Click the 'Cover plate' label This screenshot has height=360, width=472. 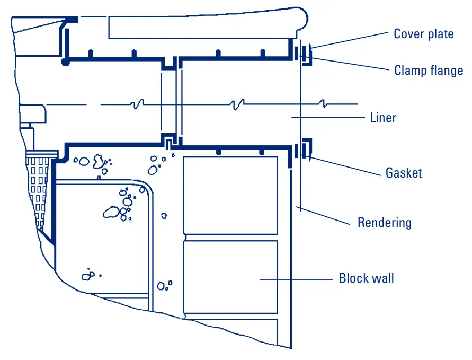[423, 34]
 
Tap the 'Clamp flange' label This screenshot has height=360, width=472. [428, 71]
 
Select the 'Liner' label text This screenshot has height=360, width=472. [383, 117]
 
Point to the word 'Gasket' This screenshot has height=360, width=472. [404, 173]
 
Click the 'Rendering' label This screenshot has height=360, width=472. [384, 222]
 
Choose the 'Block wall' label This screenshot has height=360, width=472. [366, 278]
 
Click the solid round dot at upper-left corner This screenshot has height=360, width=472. [65, 63]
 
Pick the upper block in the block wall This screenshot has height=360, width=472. [230, 195]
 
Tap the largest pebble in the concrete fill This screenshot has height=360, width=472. [111, 212]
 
